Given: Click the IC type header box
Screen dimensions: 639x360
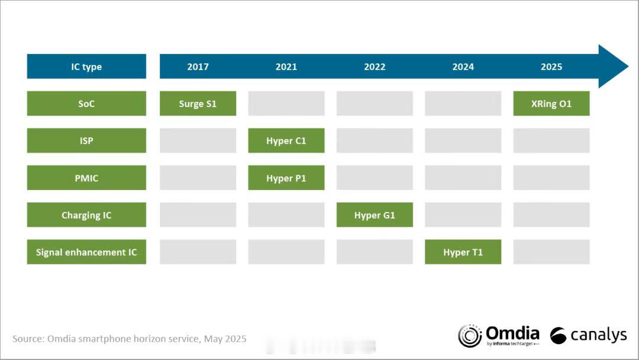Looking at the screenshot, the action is [86, 66].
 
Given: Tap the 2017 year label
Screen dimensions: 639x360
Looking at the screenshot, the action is [198, 66].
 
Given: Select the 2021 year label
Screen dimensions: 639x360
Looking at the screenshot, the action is [286, 66].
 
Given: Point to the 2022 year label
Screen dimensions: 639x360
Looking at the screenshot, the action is [375, 66].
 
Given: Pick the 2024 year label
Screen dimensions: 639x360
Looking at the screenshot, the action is [463, 66].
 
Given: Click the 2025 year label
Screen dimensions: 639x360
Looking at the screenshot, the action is [551, 66].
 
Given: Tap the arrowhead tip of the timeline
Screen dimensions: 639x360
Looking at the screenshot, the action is [628, 66].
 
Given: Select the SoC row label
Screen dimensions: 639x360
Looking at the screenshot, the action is [86, 103].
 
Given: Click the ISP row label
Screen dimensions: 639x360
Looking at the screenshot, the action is [86, 140].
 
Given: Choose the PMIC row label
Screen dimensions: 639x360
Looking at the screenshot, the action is [86, 178].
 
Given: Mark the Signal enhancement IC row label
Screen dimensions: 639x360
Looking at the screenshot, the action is [86, 252].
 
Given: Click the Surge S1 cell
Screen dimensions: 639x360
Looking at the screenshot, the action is [198, 103].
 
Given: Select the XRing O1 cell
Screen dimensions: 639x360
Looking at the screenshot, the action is [551, 103].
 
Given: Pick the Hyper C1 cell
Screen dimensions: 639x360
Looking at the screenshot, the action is [286, 140].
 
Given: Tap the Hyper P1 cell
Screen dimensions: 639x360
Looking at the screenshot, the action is [286, 178].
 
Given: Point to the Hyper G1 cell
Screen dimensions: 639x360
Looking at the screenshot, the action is [375, 214].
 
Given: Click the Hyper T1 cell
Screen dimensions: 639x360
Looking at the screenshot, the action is [463, 252].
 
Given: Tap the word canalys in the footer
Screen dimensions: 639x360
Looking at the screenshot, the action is [598, 335].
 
